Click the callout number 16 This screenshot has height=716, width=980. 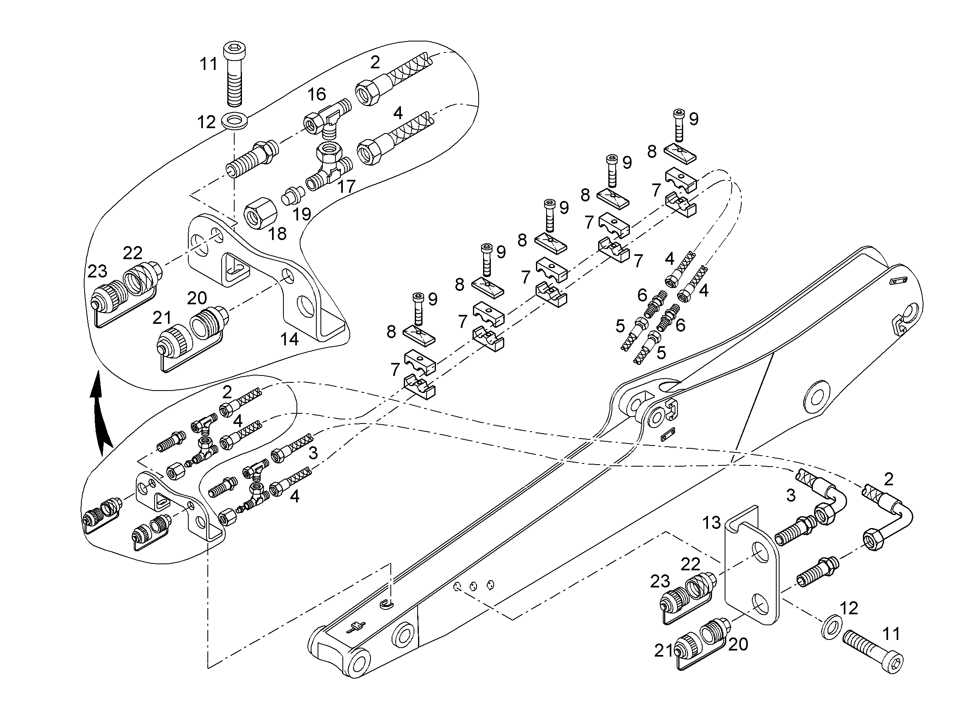317,94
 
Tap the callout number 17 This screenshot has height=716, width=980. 346,187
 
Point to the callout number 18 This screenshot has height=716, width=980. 277,234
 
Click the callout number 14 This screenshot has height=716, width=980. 290,339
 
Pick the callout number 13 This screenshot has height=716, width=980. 711,523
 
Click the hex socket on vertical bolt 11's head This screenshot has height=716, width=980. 234,48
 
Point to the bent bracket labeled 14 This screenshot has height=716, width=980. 269,277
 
